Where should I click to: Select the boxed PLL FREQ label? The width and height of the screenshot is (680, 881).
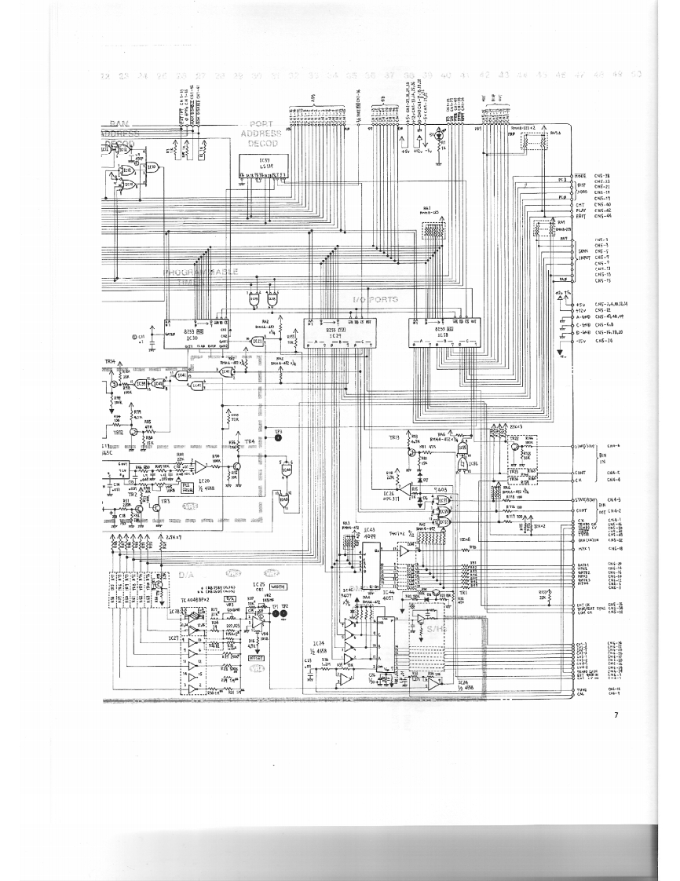(188, 485)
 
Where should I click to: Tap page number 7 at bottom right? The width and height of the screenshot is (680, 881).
(616, 714)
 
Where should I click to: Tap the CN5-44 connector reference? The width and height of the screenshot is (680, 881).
(603, 216)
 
